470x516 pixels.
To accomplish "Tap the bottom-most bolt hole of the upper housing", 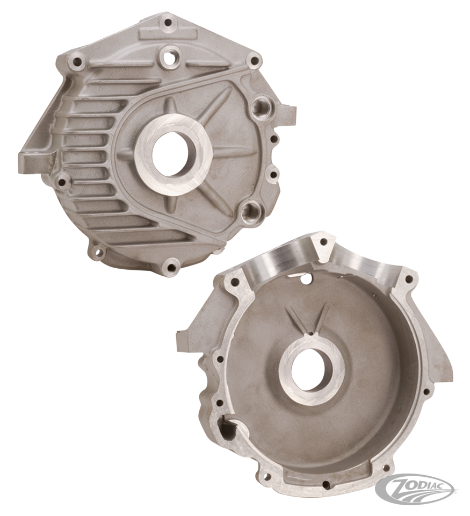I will click(172, 264).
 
